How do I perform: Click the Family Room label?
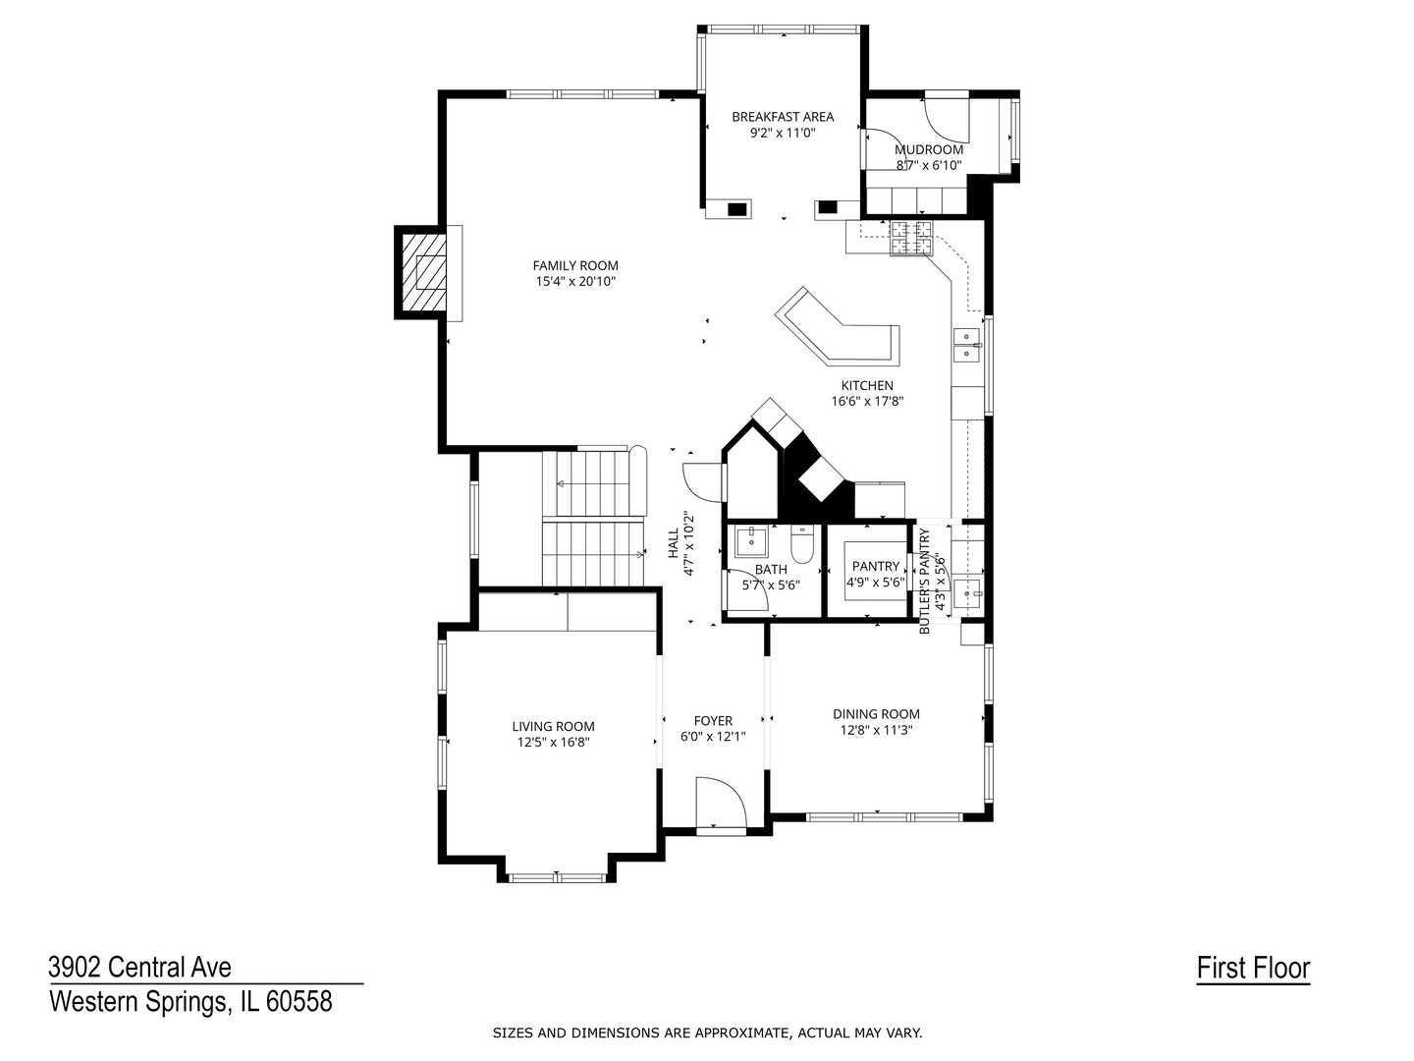pos(574,265)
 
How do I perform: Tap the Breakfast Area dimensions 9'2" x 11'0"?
pos(782,134)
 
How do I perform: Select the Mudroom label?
pos(928,149)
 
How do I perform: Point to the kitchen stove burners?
pos(911,238)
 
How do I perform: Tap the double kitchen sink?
pos(966,345)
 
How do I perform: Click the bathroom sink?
pos(752,541)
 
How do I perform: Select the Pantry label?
pos(875,566)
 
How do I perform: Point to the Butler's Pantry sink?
pos(967,592)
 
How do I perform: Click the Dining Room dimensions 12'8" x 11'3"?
pos(876,731)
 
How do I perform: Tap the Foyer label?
pos(713,721)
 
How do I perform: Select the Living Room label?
pos(554,727)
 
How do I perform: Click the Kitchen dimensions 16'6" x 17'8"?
pos(867,402)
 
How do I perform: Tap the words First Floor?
pos(1253,969)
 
